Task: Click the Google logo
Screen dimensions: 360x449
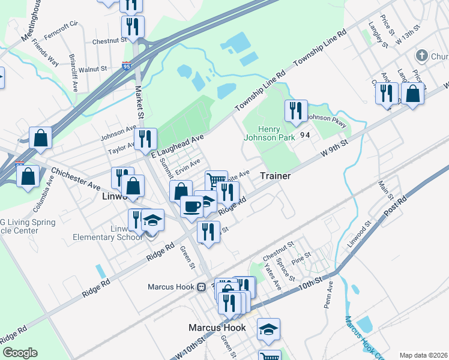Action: click(19, 353)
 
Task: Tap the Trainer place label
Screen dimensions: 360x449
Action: click(276, 176)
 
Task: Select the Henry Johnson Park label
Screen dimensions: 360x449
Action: click(277, 133)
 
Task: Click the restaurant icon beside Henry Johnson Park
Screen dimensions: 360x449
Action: click(296, 111)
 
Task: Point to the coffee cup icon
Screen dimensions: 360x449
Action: click(191, 207)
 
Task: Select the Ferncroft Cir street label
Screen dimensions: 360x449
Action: click(61, 27)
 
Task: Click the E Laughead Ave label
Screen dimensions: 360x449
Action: click(178, 146)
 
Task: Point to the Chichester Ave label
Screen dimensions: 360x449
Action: click(76, 178)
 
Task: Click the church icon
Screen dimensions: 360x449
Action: click(420, 56)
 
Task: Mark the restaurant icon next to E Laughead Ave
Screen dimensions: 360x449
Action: click(146, 139)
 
